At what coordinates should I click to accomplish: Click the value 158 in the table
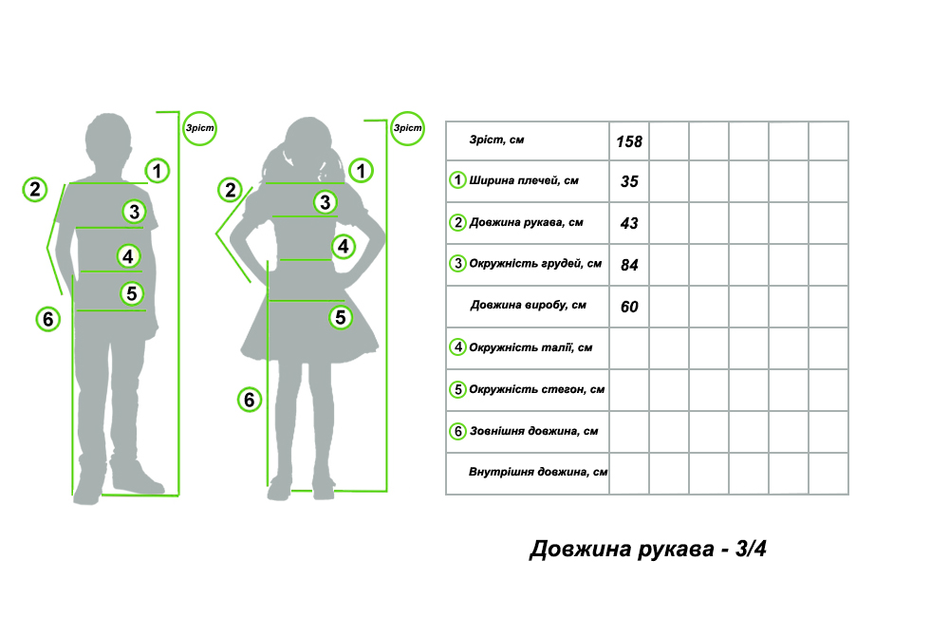(629, 141)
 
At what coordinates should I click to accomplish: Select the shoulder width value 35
(629, 181)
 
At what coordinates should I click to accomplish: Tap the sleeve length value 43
(629, 223)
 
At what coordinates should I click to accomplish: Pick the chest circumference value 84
(629, 265)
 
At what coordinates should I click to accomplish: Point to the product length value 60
(629, 307)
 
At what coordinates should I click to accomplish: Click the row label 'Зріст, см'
(497, 140)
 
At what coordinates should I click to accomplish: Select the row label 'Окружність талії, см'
(530, 347)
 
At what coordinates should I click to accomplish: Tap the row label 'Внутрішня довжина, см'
(538, 472)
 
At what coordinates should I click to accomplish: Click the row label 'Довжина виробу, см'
(529, 305)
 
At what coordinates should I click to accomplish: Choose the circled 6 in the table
(457, 431)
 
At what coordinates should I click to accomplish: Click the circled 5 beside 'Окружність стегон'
(457, 389)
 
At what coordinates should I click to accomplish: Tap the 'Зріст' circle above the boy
(199, 128)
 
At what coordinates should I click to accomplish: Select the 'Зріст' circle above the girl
(407, 128)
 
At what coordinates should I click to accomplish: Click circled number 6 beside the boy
(47, 319)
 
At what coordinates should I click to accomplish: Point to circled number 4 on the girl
(344, 247)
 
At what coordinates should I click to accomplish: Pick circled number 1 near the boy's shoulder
(158, 171)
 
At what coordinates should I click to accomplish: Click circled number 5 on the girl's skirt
(341, 317)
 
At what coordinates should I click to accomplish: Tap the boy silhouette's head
(108, 138)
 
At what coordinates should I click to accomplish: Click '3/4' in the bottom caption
(751, 549)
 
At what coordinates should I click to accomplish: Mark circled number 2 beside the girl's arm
(230, 190)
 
